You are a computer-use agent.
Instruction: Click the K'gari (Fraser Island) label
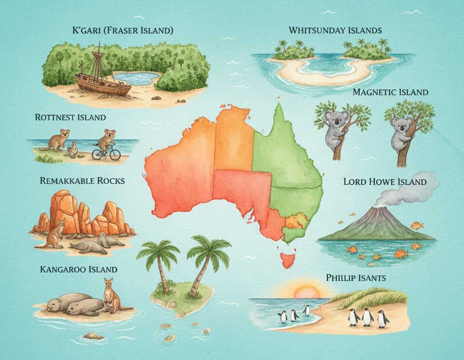123,31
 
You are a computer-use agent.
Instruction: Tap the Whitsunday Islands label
335,31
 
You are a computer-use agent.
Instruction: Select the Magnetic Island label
390,92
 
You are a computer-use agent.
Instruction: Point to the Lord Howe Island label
385,182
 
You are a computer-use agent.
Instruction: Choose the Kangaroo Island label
78,269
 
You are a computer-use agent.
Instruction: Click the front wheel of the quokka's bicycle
114,154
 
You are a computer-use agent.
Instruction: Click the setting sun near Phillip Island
307,292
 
